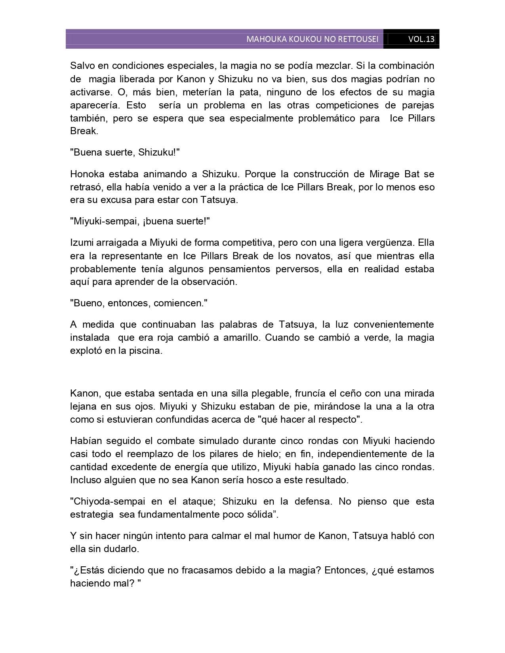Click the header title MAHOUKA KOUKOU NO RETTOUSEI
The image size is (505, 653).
tap(312, 39)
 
